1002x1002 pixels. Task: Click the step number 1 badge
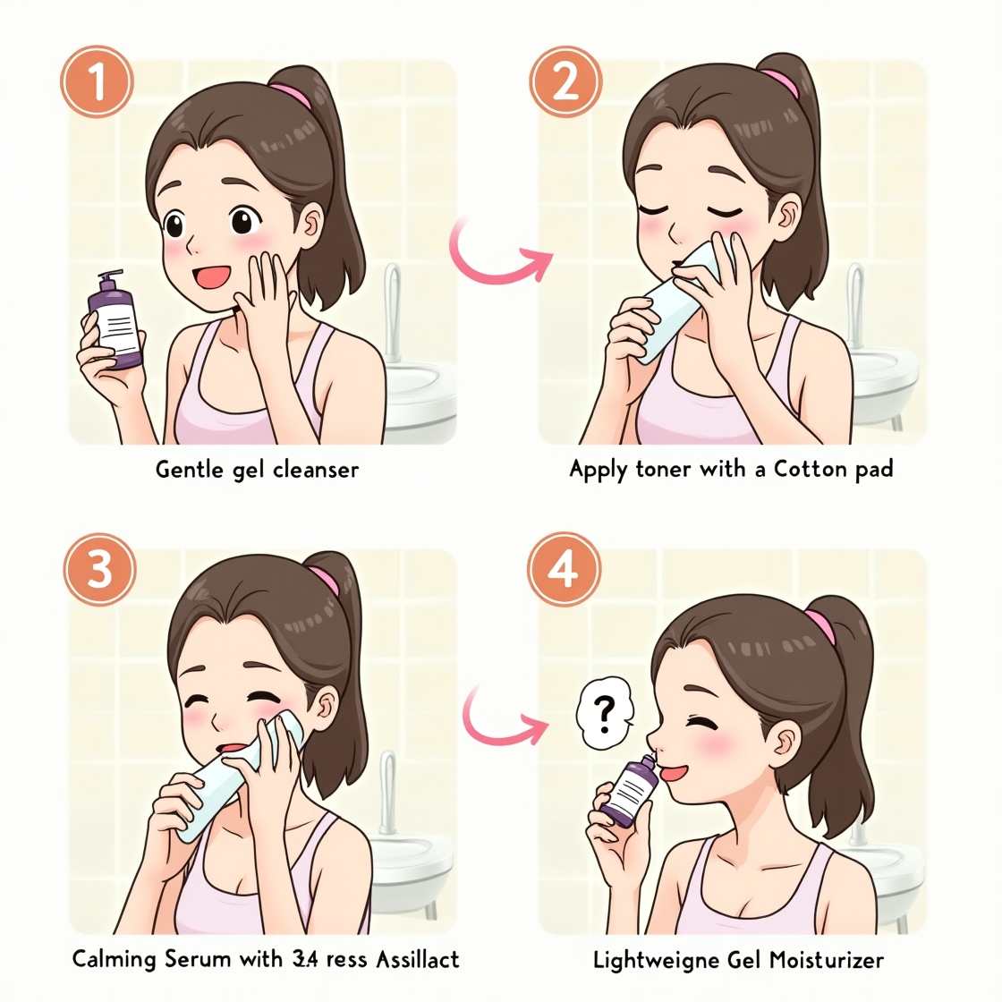[97, 82]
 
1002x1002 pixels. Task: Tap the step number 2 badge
[565, 82]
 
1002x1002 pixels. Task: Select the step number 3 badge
[99, 569]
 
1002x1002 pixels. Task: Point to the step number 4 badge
[564, 569]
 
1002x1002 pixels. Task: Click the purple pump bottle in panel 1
[114, 322]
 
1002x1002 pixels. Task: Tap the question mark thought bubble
[605, 713]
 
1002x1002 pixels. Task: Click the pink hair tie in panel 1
[292, 93]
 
